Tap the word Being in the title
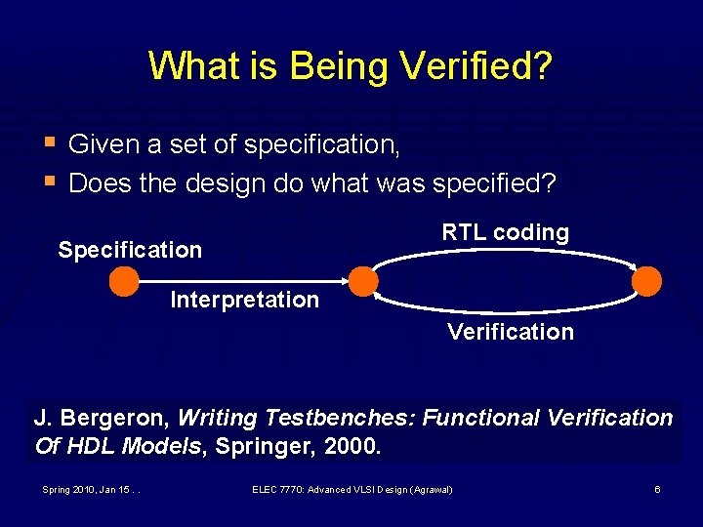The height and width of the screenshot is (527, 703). [x=335, y=66]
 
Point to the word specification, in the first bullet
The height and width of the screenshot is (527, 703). [x=321, y=145]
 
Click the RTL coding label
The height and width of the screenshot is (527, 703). [x=505, y=232]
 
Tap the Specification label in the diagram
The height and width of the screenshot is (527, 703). [x=130, y=250]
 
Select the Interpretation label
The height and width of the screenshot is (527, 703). [x=244, y=300]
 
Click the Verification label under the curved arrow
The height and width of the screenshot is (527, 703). [x=511, y=332]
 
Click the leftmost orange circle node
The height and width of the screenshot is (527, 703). [x=124, y=281]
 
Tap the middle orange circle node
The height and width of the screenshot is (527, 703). [x=363, y=281]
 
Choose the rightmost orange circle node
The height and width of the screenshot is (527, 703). [x=646, y=281]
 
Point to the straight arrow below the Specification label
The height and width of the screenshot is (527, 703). [x=244, y=281]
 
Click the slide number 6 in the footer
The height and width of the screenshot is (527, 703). [x=657, y=489]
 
